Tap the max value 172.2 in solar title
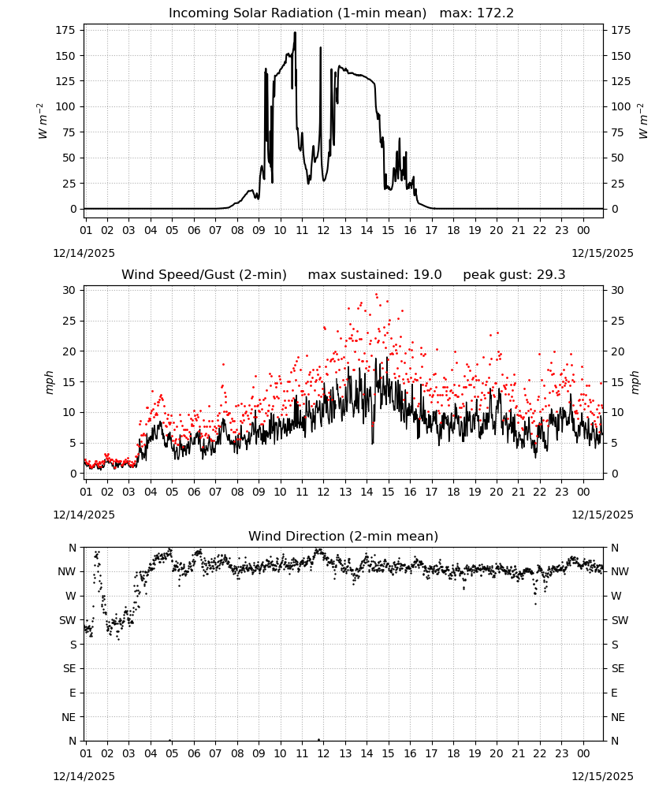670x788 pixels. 495,13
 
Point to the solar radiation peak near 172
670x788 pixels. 295,33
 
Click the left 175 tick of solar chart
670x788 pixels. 66,30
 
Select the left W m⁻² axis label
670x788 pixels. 43,121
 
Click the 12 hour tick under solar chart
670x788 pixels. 323,230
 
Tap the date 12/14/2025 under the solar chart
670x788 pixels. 84,253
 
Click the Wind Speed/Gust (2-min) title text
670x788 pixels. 204,275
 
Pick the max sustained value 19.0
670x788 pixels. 428,275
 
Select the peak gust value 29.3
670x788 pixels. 551,275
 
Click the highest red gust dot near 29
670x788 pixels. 377,295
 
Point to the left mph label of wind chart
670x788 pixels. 49,382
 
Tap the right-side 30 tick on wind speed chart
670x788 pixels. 617,290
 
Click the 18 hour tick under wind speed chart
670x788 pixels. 453,492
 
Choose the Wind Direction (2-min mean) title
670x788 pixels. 344,536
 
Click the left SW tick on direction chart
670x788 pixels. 68,620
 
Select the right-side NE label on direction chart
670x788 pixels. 618,717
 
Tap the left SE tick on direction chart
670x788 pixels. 69,668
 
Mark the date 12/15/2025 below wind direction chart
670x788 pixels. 603,776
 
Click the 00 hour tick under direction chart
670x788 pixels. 583,753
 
